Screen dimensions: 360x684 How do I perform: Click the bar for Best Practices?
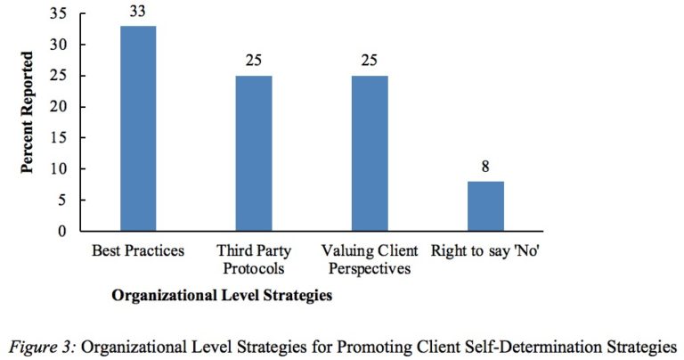point(138,129)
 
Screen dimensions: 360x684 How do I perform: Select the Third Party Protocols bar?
point(254,153)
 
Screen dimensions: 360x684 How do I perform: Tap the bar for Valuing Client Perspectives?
point(370,153)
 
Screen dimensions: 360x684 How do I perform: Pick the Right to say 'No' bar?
point(485,206)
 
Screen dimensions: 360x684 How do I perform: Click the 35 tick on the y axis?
point(58,13)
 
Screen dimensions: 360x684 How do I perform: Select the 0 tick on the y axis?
point(61,232)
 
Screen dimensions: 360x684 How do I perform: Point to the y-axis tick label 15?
point(58,138)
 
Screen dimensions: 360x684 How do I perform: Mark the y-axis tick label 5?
point(61,200)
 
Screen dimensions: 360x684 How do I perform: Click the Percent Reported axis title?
point(28,112)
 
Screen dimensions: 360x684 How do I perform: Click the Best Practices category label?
point(138,250)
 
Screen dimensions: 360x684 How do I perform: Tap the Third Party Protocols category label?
point(254,258)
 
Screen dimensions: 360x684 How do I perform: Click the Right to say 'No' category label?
point(485,250)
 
